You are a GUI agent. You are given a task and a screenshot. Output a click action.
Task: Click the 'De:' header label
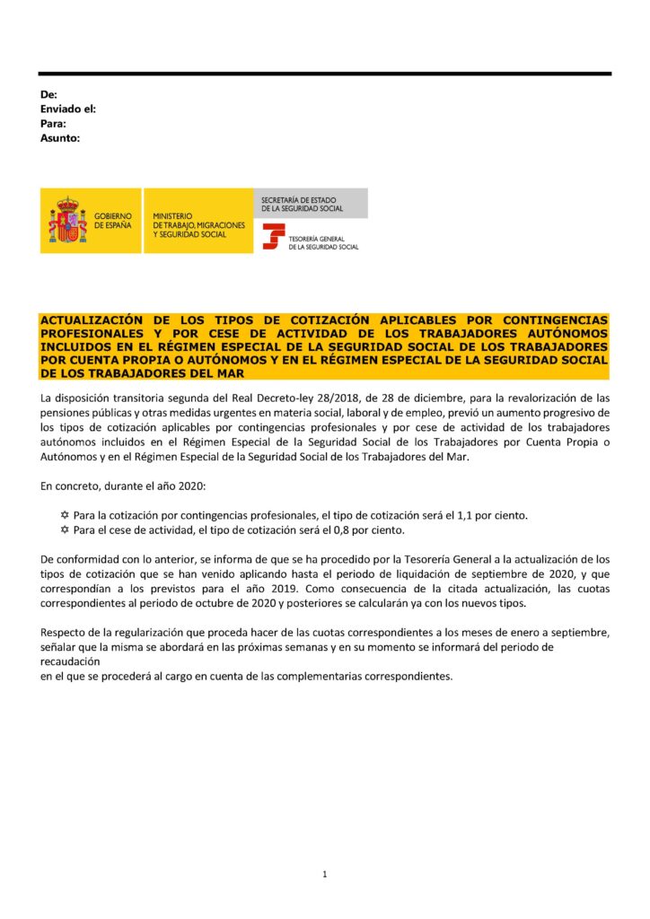click(x=49, y=94)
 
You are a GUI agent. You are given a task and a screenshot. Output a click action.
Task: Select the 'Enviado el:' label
click(x=69, y=109)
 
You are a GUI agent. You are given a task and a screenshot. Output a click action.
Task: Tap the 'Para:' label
click(x=54, y=123)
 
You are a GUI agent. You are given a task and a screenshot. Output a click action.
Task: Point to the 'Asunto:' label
click(x=61, y=138)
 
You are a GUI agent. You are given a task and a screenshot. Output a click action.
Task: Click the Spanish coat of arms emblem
click(x=68, y=221)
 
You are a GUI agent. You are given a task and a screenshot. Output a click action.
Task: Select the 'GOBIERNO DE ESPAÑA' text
click(x=112, y=221)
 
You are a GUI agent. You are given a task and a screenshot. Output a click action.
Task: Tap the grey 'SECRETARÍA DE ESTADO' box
click(x=312, y=203)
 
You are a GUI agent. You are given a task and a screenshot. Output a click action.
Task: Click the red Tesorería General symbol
click(x=273, y=236)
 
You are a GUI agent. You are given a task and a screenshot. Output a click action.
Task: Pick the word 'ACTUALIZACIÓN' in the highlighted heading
click(x=92, y=320)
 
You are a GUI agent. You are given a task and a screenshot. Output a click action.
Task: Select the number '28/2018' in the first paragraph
click(x=278, y=398)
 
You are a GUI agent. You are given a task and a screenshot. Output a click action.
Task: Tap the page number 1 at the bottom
click(x=324, y=873)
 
